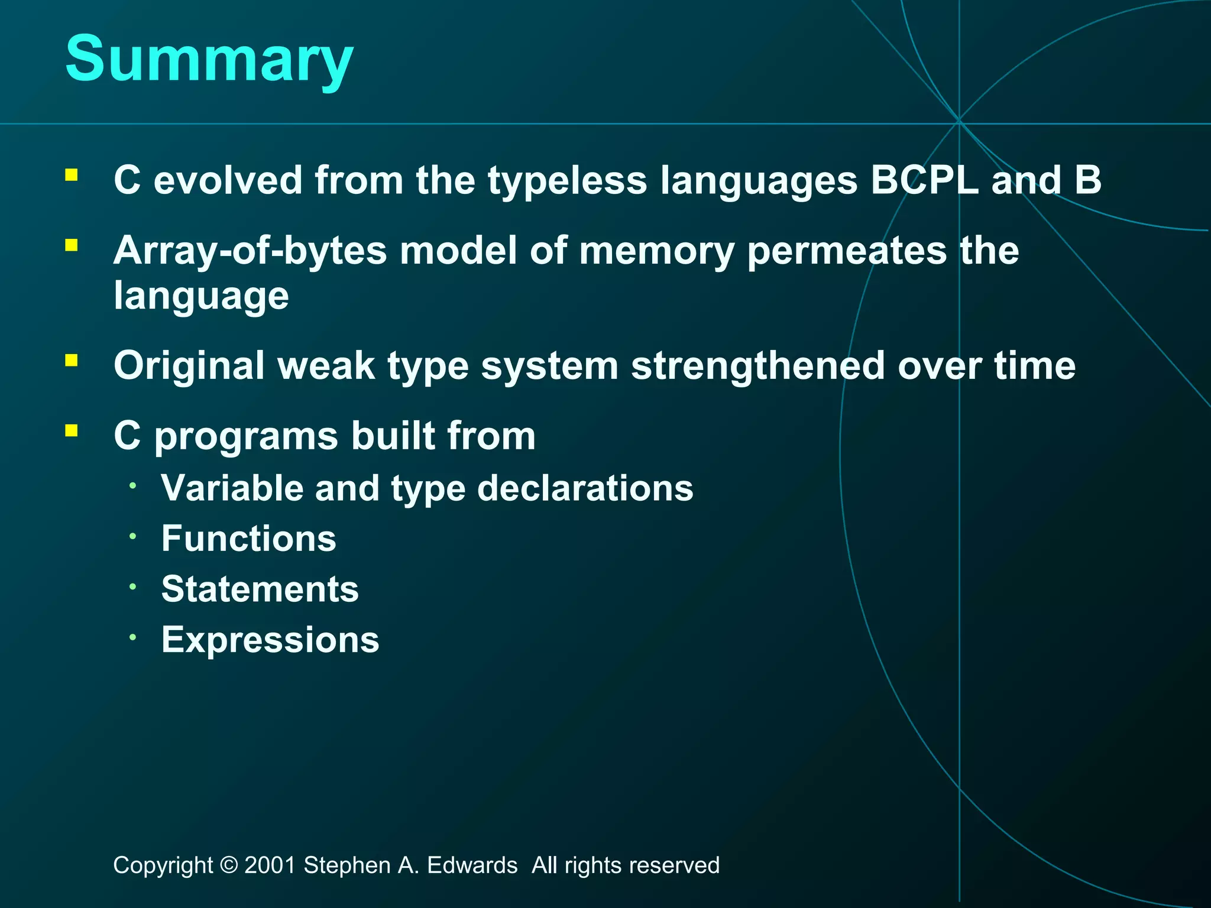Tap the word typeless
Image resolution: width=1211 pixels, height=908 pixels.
click(567, 181)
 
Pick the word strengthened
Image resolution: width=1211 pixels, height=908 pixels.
click(757, 366)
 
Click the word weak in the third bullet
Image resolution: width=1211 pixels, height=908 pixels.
click(326, 366)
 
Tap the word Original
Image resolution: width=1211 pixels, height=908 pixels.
click(189, 366)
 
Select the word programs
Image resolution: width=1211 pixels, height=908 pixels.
click(246, 437)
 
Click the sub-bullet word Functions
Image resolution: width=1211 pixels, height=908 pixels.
click(249, 539)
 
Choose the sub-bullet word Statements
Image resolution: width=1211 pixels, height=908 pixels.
click(260, 589)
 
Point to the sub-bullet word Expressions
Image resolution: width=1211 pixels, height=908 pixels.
click(270, 640)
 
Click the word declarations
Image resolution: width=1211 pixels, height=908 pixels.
click(585, 488)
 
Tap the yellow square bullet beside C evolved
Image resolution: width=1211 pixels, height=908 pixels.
click(72, 175)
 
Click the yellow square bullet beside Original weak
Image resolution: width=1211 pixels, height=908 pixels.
click(72, 361)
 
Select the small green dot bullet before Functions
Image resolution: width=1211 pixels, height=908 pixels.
click(134, 536)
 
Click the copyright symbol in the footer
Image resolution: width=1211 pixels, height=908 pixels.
click(228, 865)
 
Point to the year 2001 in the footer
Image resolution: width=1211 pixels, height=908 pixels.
click(270, 865)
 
